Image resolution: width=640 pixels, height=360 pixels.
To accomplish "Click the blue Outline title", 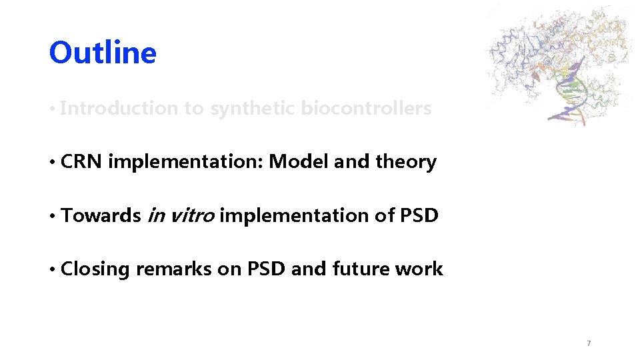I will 103,53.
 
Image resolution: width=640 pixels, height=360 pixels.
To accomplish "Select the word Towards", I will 100,215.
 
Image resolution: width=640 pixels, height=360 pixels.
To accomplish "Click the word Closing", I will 95,269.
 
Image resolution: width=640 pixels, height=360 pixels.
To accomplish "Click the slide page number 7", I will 588,343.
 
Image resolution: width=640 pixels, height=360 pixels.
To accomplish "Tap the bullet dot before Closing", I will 52,269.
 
